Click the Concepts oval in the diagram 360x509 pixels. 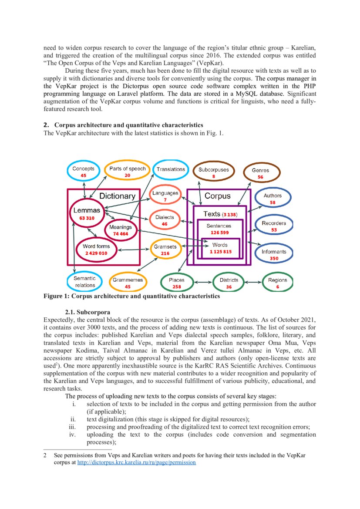[x=83, y=172]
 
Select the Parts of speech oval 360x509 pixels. [x=127, y=172]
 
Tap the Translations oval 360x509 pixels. [x=171, y=169]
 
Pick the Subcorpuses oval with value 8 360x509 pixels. [x=213, y=172]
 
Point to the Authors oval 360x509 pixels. [x=273, y=199]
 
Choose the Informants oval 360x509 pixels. [x=274, y=255]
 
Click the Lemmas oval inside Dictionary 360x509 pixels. [x=87, y=213]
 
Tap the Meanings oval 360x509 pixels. [x=120, y=230]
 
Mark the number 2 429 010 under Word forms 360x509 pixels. [x=96, y=253]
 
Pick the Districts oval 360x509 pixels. [x=229, y=283]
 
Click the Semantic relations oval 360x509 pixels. [x=85, y=282]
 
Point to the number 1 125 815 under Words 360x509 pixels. [x=220, y=252]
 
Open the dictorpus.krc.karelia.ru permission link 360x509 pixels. [x=136, y=462]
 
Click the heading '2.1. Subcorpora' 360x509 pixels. [x=87, y=312]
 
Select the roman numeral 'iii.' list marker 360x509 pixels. [x=73, y=427]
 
